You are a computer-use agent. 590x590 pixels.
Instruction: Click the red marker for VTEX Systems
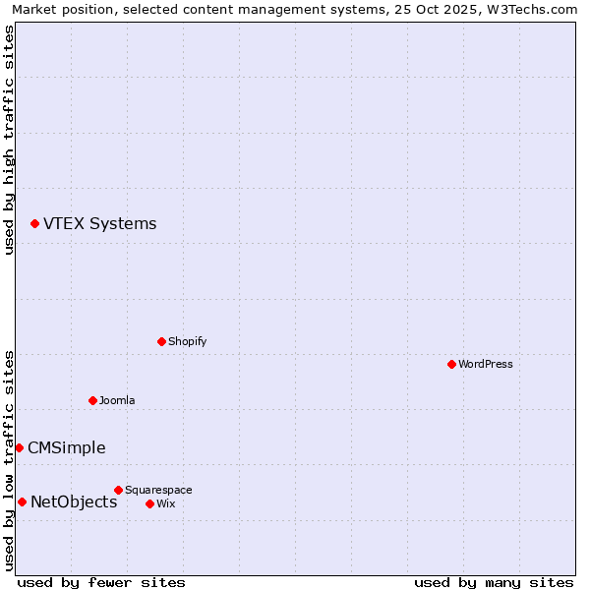click(34, 224)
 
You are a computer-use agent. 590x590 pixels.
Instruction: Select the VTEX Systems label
click(99, 224)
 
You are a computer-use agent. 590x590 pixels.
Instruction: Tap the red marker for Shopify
click(161, 342)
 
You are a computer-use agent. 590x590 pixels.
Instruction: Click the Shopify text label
click(187, 342)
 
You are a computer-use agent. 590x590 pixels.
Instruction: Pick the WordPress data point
click(451, 364)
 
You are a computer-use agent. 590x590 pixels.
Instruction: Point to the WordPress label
click(486, 365)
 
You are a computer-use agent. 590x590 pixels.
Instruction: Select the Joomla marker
click(92, 400)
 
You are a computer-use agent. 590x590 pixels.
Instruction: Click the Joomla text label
click(117, 401)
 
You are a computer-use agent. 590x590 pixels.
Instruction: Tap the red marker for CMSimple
click(19, 447)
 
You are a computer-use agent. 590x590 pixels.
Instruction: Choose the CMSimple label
click(66, 448)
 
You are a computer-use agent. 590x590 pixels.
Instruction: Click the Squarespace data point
click(118, 490)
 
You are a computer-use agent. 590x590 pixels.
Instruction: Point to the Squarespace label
click(158, 491)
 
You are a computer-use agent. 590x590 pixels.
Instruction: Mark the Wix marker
click(149, 503)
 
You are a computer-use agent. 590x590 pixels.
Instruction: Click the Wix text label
click(165, 504)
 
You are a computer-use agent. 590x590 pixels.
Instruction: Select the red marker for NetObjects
click(22, 502)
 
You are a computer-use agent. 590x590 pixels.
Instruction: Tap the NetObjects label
click(74, 502)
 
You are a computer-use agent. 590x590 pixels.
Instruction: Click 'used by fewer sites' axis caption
click(101, 582)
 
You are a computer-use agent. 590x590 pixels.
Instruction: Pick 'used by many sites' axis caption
click(494, 582)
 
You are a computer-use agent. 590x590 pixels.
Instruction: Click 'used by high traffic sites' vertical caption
click(10, 140)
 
